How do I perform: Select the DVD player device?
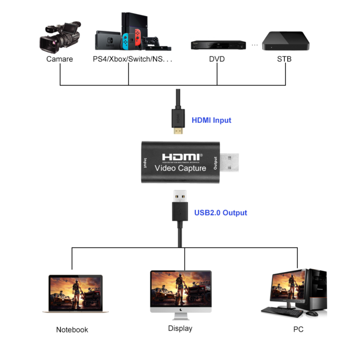coord(218,45)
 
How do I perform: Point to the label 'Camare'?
coord(59,59)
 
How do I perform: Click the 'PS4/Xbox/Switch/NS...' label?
coord(132,59)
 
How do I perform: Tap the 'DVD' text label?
coord(217,59)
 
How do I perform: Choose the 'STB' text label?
coord(284,59)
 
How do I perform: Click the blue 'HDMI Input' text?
coord(211,120)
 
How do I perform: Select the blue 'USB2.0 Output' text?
coord(220,212)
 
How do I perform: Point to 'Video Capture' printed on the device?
coord(180,168)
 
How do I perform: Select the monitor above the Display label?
coord(180,290)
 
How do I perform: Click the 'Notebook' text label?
coord(72,330)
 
